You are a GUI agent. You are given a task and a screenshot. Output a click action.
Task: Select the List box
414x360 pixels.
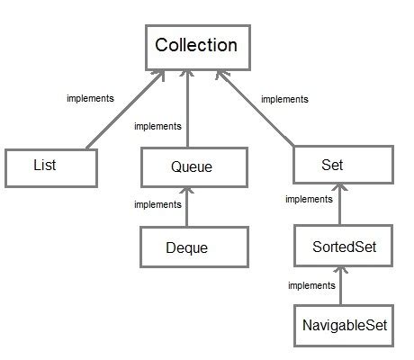(50, 167)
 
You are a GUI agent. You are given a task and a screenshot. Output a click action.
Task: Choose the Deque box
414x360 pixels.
(192, 247)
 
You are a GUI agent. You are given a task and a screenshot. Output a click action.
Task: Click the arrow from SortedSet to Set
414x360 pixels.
(340, 207)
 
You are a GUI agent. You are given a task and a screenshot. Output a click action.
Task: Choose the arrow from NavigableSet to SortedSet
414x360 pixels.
(340, 288)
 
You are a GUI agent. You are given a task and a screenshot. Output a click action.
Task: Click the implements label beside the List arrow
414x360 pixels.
(90, 97)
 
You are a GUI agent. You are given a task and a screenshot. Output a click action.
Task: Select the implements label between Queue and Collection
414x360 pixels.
(157, 126)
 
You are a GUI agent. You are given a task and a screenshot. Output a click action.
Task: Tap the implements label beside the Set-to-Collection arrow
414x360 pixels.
(283, 99)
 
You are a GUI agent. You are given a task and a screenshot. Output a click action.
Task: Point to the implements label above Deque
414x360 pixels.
(157, 205)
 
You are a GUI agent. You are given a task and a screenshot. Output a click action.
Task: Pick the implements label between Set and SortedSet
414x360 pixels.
(309, 199)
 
